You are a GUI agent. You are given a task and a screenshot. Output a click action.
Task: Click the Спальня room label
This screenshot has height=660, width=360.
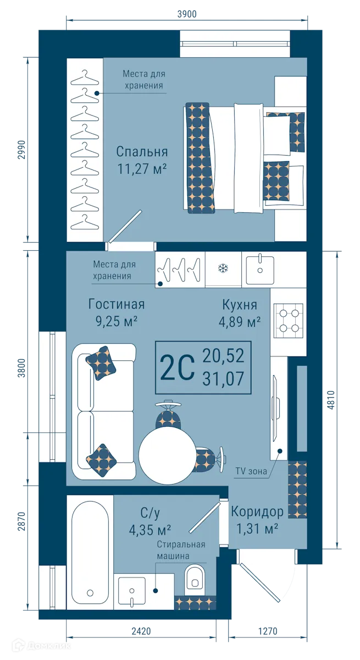(142, 152)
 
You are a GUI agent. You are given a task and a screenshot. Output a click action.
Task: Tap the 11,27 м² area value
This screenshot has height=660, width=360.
(142, 169)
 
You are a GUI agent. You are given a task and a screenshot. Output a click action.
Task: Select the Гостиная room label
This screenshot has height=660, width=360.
(116, 305)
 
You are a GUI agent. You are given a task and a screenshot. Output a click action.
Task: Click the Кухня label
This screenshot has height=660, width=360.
(240, 305)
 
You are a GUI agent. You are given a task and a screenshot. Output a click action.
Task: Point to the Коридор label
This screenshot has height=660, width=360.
(257, 512)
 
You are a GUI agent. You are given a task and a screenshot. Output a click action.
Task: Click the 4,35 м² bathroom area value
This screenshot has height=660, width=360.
(148, 531)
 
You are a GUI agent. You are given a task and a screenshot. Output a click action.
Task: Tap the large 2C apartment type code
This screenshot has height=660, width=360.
(177, 367)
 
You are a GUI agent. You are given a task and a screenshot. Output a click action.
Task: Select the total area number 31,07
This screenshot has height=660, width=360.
(223, 378)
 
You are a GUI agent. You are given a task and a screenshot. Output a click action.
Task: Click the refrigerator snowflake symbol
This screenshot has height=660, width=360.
(223, 269)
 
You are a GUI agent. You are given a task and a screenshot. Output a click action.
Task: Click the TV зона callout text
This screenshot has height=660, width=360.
(251, 471)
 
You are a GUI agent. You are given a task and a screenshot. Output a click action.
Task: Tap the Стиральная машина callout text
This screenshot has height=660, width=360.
(180, 550)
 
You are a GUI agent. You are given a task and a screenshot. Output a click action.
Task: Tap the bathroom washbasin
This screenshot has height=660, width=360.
(132, 591)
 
